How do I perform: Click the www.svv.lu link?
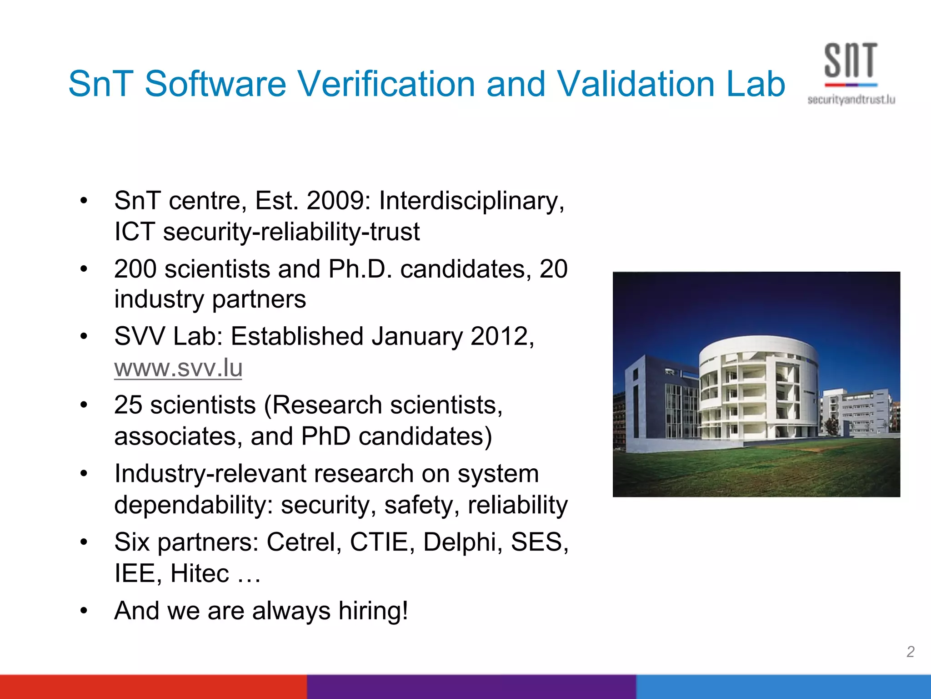pos(178,368)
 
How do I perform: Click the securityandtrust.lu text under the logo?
pos(851,100)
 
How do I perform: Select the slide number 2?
pos(910,652)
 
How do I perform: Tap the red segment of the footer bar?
pos(153,687)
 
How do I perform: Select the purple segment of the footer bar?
pos(471,687)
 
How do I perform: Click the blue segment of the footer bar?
pos(783,687)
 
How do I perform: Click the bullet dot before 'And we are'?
pos(84,610)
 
